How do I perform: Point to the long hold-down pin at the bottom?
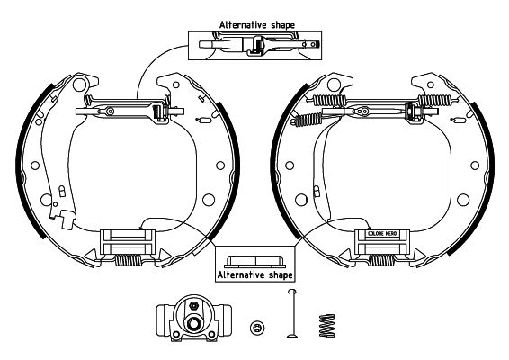(290, 315)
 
